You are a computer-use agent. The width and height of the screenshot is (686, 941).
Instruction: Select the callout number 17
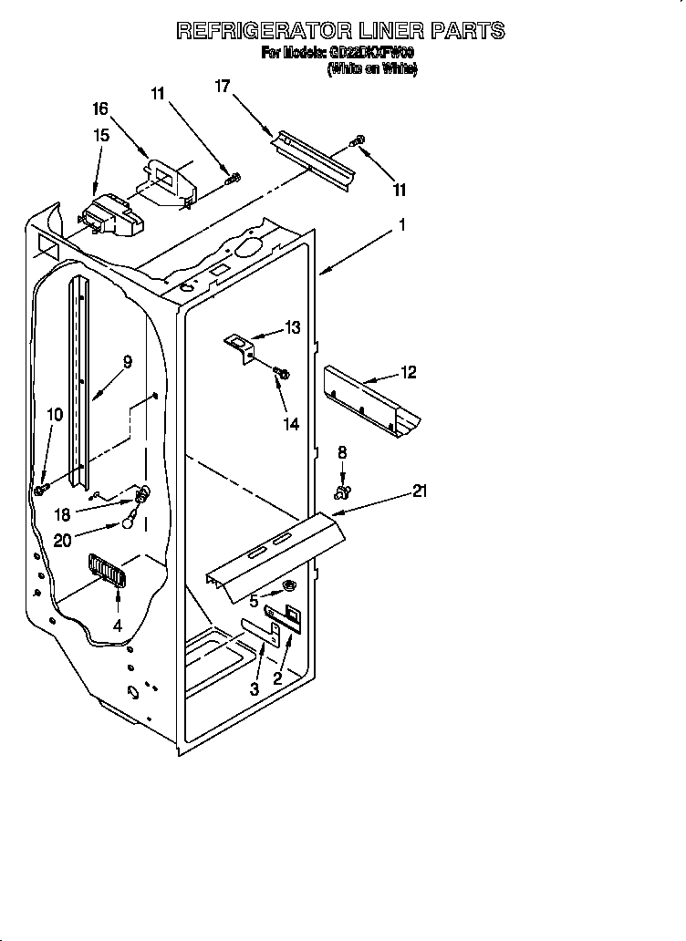(x=222, y=87)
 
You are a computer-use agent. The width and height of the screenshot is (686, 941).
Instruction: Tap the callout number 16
(x=99, y=109)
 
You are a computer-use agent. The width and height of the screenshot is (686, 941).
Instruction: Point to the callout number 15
(x=101, y=135)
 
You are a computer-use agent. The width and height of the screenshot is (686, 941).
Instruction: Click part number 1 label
(x=401, y=223)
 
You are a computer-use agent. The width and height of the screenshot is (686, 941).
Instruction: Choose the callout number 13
(x=292, y=328)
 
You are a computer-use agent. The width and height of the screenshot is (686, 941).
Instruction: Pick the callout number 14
(x=291, y=423)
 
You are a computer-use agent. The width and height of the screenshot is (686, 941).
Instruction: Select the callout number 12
(x=408, y=372)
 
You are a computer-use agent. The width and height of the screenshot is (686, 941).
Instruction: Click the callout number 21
(x=420, y=491)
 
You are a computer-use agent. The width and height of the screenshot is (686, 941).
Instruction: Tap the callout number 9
(x=127, y=362)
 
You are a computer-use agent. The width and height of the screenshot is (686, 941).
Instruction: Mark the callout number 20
(x=62, y=540)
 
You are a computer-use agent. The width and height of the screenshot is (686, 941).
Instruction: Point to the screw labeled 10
(x=41, y=490)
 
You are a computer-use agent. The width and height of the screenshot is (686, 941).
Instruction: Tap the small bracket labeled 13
(x=241, y=346)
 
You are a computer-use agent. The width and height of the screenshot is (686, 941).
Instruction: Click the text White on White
(x=372, y=69)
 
